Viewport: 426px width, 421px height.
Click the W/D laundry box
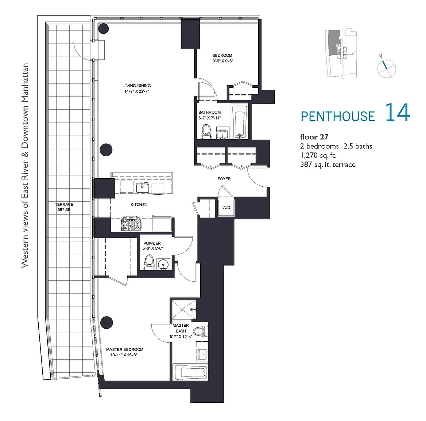click(226, 207)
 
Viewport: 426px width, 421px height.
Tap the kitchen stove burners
click(131, 224)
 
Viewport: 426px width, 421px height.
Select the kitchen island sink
click(142, 187)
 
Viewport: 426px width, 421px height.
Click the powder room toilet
click(149, 262)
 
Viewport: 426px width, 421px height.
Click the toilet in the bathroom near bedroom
click(206, 132)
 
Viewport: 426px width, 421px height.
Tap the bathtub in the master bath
click(190, 372)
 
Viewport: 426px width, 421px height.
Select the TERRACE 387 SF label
click(64, 207)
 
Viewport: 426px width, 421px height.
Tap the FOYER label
click(224, 179)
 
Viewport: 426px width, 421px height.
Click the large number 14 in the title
click(398, 113)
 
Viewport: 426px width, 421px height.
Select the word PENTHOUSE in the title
click(338, 116)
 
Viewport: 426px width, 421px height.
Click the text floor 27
click(314, 137)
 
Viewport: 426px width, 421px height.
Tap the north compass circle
click(387, 69)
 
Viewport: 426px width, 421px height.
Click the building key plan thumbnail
click(341, 54)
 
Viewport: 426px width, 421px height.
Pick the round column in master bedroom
click(106, 323)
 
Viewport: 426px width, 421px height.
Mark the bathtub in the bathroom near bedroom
click(240, 121)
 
